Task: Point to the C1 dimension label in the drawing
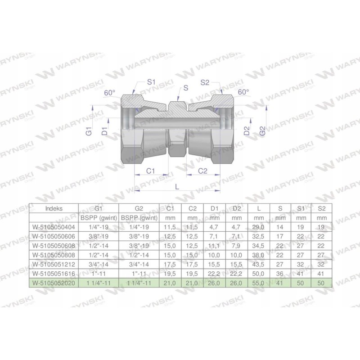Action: pyautogui.click(x=151, y=171)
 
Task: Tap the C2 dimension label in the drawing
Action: pyautogui.click(x=203, y=171)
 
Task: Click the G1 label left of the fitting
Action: pyautogui.click(x=89, y=132)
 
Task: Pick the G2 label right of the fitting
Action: pyautogui.click(x=262, y=132)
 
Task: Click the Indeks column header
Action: pyautogui.click(x=54, y=209)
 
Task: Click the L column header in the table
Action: pyautogui.click(x=258, y=209)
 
